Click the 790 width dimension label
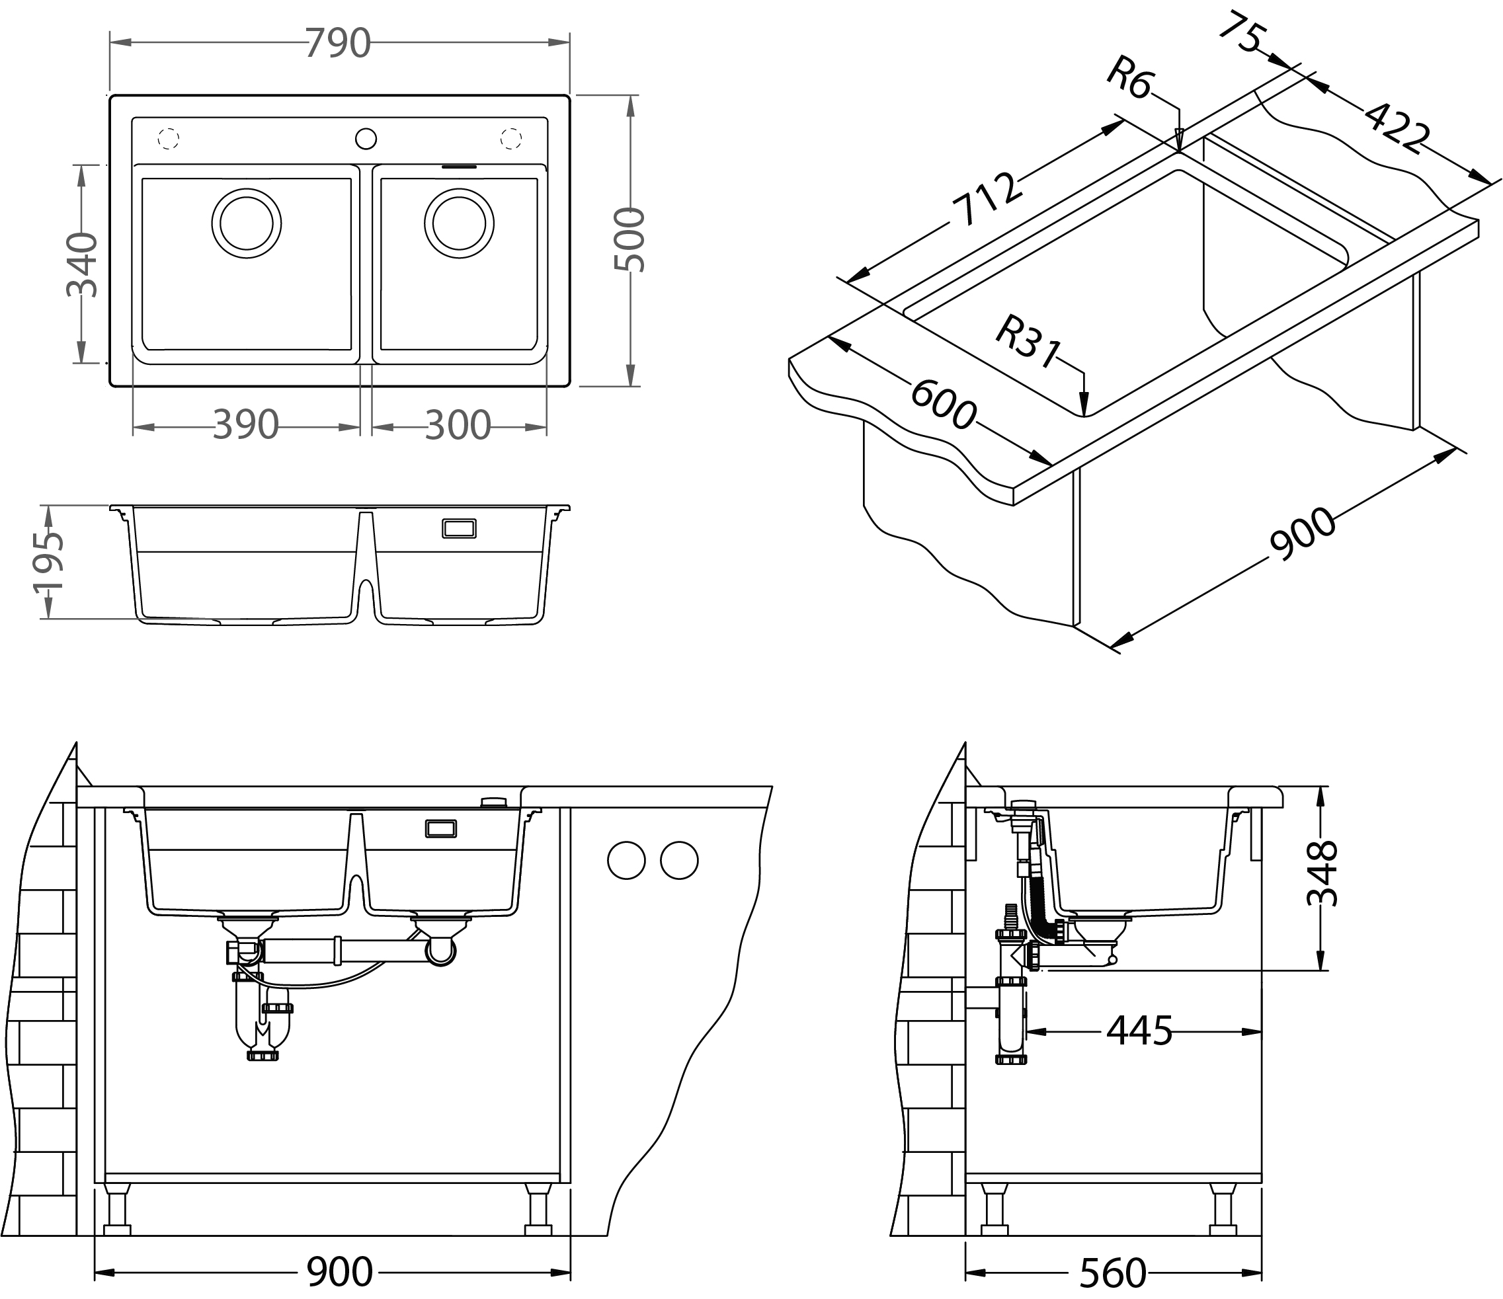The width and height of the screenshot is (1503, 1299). point(338,44)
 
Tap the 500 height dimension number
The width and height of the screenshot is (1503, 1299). point(629,240)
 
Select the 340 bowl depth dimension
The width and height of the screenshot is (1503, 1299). point(82,264)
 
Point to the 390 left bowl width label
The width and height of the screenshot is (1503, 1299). point(246,426)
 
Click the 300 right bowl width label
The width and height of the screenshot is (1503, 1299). point(458,426)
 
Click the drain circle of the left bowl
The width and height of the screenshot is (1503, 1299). point(247,223)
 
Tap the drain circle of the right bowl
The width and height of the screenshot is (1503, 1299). point(459,223)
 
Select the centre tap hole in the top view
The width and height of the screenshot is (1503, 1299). point(366,138)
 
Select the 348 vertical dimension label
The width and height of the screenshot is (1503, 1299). point(1322,873)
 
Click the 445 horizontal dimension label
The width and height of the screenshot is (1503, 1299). point(1139,1031)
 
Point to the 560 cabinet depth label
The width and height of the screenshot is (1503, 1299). point(1113,1273)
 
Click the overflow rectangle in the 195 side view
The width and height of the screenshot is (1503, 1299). point(459,528)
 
